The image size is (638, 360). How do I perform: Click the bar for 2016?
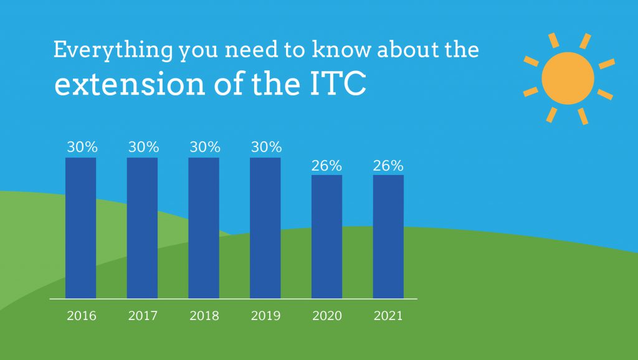point(80,228)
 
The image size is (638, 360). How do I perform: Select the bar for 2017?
point(142,228)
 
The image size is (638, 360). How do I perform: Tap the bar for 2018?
point(204,228)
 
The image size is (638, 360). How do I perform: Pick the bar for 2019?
point(265,228)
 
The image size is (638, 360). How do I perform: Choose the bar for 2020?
point(326,237)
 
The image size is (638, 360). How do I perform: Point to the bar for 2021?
point(388,237)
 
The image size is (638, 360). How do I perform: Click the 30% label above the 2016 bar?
point(82,147)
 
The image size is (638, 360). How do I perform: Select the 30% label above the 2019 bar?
point(267,147)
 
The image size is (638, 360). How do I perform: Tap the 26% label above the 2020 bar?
point(326,166)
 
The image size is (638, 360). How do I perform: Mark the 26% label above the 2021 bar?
point(388,166)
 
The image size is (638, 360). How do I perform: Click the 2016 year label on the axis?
point(82,316)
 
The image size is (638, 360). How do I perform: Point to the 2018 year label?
point(204,316)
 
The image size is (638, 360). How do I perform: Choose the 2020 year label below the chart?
point(327,316)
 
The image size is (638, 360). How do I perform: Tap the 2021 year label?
point(388,316)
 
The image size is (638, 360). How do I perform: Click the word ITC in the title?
point(338,84)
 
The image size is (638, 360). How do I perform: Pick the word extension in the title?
point(130,84)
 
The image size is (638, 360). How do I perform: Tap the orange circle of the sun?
point(568,78)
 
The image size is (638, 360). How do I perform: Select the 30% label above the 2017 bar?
point(144,147)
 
